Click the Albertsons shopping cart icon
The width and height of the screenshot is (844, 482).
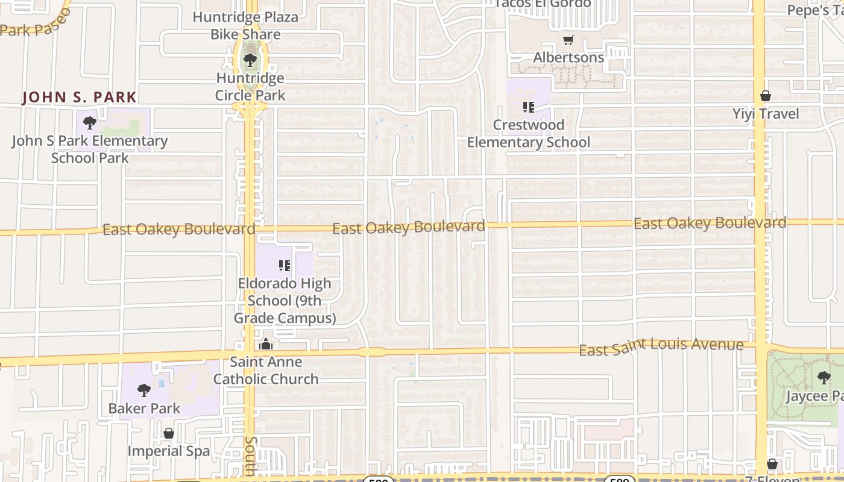tap(568, 41)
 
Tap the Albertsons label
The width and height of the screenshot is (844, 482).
tap(568, 58)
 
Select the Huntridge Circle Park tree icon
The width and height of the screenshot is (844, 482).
tap(250, 60)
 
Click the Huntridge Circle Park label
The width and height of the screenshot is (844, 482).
tap(250, 87)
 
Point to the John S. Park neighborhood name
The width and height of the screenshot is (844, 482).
tap(80, 97)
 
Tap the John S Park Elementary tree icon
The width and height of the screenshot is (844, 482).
tap(90, 124)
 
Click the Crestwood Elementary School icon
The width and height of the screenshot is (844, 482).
tap(529, 108)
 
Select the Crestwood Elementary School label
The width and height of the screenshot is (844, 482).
tap(529, 134)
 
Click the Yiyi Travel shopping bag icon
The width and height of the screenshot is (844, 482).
tap(766, 96)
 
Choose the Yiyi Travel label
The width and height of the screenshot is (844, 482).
tap(766, 114)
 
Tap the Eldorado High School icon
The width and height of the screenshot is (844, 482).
tap(285, 266)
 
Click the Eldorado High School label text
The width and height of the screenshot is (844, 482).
tap(285, 301)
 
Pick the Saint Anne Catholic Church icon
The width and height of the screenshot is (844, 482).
tap(266, 345)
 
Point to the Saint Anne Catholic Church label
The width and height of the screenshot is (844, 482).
tap(266, 371)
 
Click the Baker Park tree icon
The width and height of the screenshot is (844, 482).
tap(144, 390)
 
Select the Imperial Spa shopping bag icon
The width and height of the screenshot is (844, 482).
tap(169, 433)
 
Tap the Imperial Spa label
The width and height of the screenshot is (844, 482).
tap(169, 451)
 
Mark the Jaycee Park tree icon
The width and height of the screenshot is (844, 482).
tap(824, 378)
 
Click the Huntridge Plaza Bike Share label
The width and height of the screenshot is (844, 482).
tap(245, 26)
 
